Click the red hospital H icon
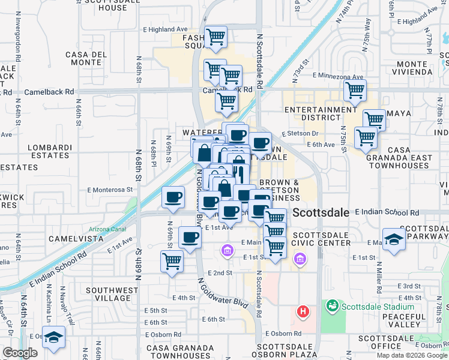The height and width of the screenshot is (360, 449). click(304, 312)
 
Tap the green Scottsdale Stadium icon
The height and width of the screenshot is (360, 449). click(331, 307)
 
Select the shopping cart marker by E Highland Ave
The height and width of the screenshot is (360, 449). click(215, 37)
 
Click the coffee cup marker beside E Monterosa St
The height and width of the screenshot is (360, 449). click(173, 197)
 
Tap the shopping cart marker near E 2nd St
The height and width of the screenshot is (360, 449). click(172, 261)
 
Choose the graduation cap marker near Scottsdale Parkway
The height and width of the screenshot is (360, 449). click(394, 240)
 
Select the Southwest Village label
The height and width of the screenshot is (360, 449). click(108, 295)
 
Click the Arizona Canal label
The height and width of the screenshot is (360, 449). click(106, 229)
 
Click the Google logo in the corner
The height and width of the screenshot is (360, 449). click(20, 353)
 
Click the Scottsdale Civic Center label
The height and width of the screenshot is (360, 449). click(321, 238)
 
